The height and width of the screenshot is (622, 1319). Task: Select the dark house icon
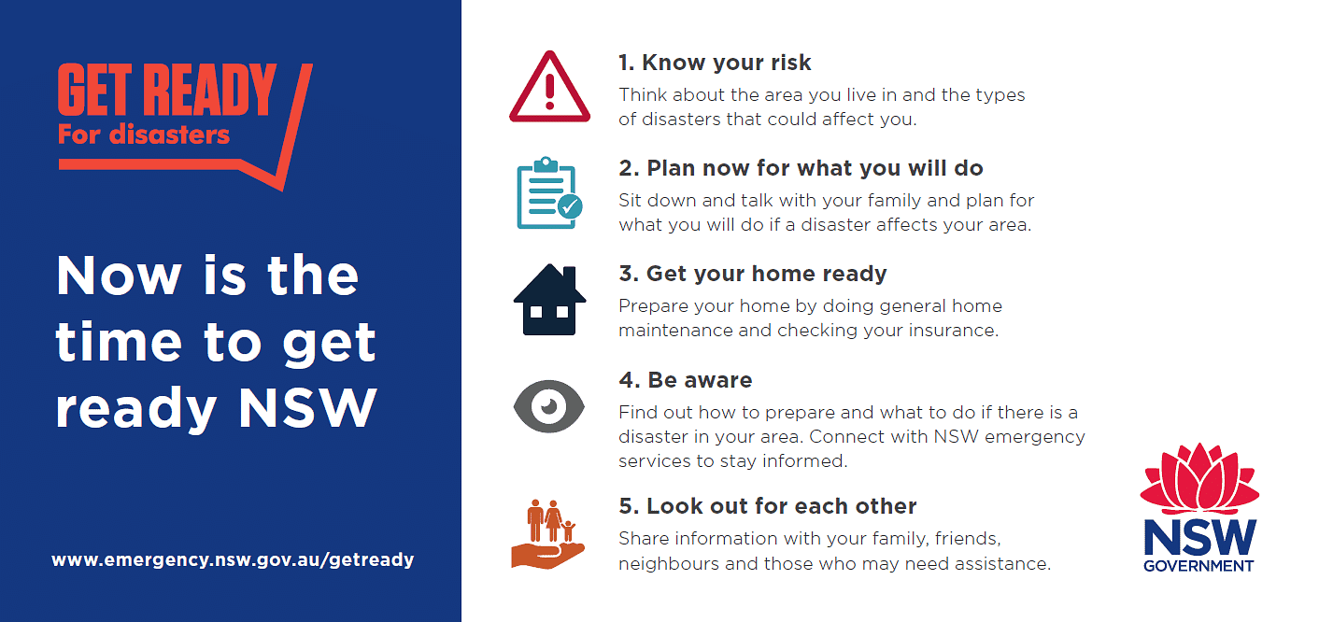click(x=549, y=300)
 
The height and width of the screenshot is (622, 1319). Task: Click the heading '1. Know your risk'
click(x=715, y=63)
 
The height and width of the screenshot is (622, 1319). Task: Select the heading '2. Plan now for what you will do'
click(x=801, y=168)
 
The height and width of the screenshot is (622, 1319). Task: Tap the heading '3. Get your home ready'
click(x=753, y=275)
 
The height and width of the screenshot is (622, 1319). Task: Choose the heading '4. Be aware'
click(x=686, y=380)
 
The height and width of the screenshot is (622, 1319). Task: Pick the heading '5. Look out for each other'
click(x=768, y=506)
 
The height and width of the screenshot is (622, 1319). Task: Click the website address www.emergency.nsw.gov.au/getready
click(x=233, y=559)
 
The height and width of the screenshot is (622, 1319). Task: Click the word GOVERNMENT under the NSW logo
click(x=1198, y=566)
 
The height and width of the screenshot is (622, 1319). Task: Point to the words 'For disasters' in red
click(x=144, y=134)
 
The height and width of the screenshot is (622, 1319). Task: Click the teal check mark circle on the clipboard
click(x=570, y=206)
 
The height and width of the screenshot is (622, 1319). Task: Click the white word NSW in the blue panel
click(x=307, y=408)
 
